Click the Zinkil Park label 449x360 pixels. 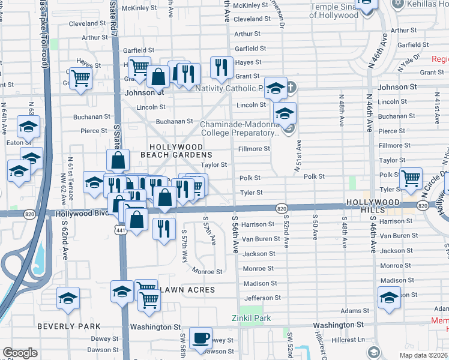(x=252, y=318)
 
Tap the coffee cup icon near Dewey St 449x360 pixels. (x=200, y=338)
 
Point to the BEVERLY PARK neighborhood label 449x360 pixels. (x=64, y=326)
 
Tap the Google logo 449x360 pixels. (x=20, y=353)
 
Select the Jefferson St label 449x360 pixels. (x=262, y=298)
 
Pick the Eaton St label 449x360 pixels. (x=18, y=143)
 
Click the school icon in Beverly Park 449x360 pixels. (x=68, y=298)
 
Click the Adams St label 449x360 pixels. (x=354, y=311)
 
